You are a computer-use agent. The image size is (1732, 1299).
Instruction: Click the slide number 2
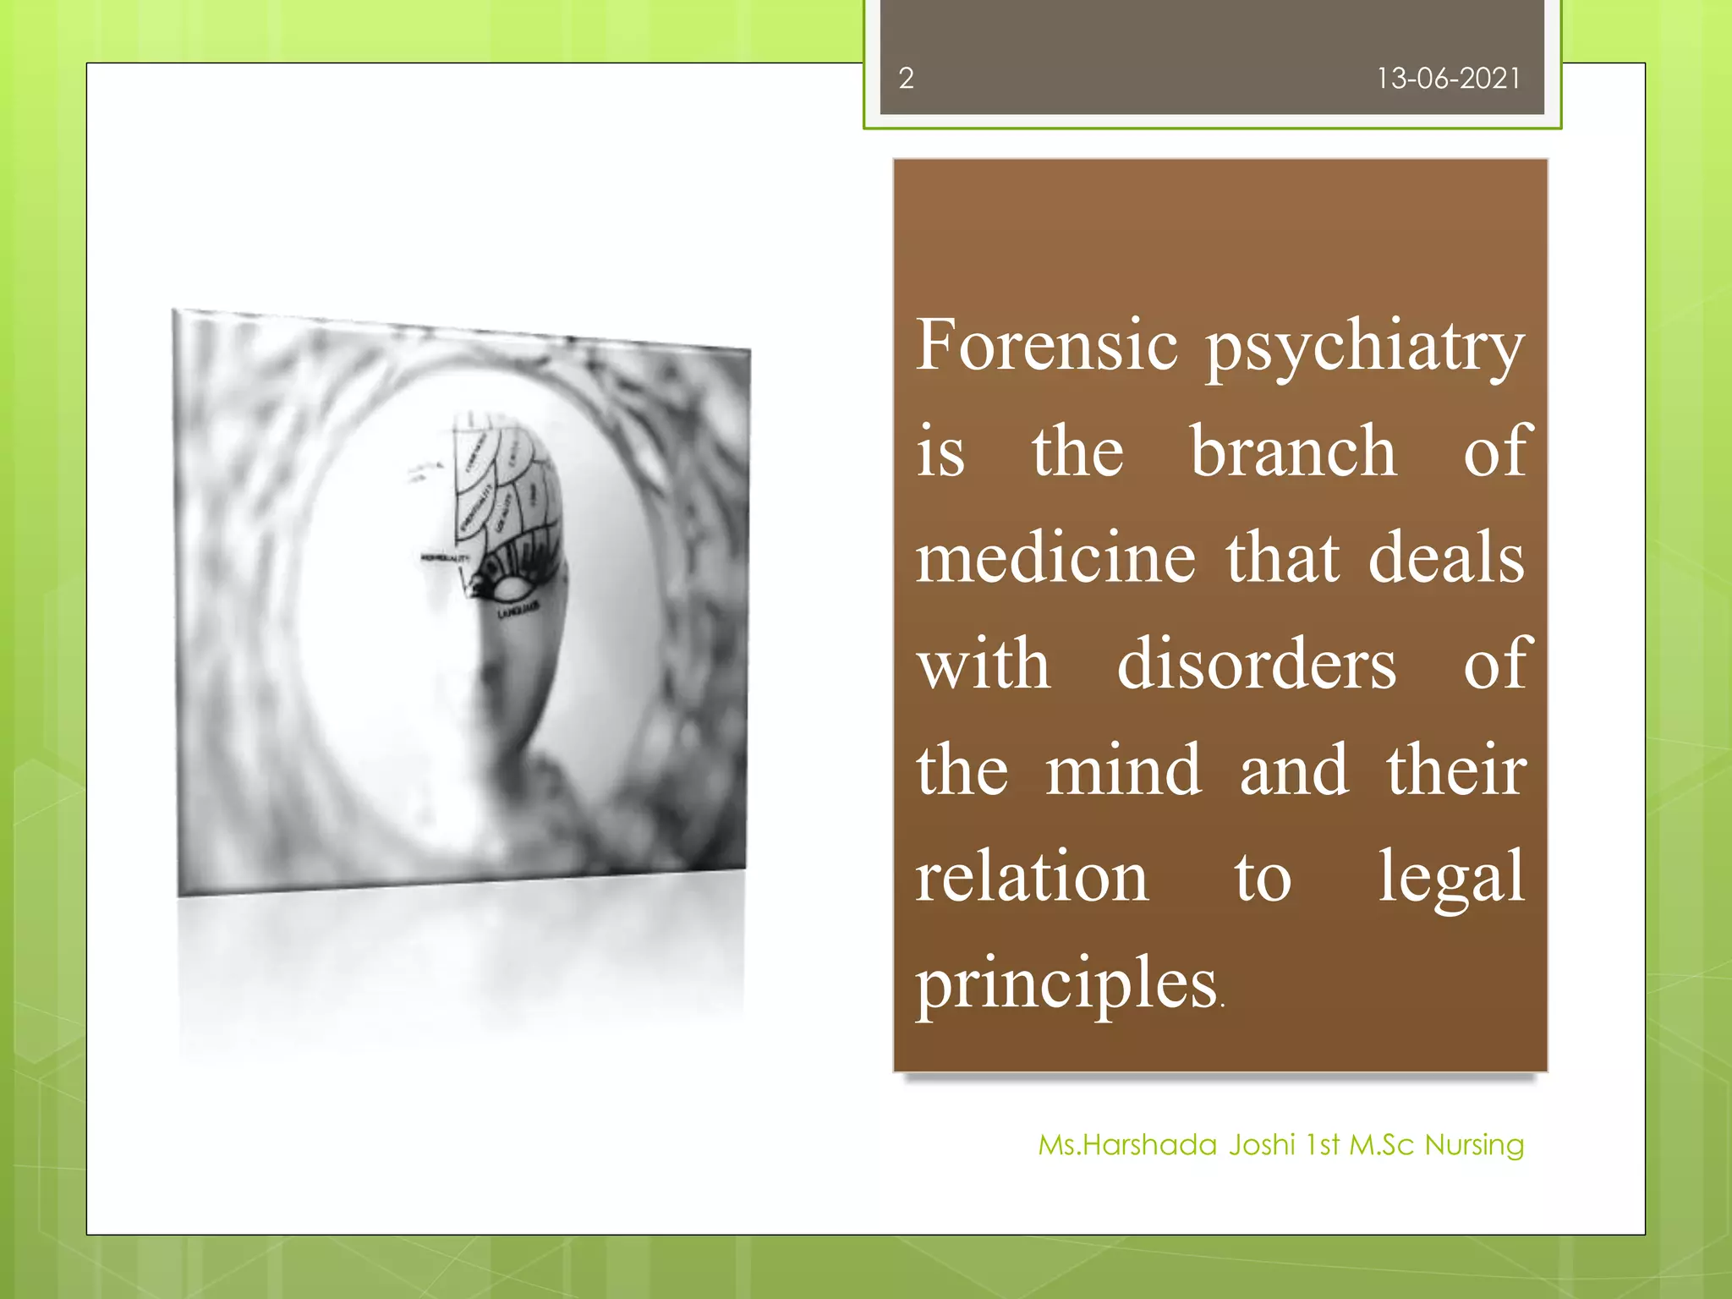click(x=906, y=79)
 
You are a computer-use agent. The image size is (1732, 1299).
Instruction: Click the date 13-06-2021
click(x=1448, y=79)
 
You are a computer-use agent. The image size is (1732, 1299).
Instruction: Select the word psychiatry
click(x=1365, y=348)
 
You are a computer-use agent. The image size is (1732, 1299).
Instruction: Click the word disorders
click(x=1257, y=664)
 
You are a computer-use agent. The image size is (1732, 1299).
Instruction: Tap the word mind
click(x=1123, y=770)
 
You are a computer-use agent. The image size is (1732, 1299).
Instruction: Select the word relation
click(x=1032, y=877)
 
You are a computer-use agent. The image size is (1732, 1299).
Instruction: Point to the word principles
click(x=1066, y=985)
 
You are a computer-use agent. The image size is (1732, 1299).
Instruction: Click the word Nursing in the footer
click(x=1474, y=1146)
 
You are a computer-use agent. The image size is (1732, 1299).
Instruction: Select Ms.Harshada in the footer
click(x=1127, y=1145)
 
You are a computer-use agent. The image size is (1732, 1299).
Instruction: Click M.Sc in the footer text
click(x=1381, y=1145)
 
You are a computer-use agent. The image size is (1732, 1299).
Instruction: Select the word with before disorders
click(x=984, y=664)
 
